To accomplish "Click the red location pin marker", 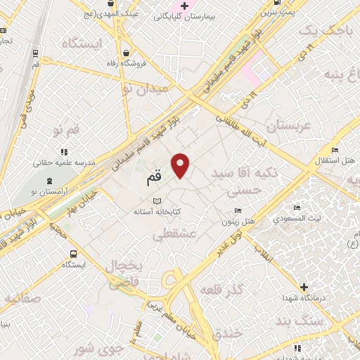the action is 181,165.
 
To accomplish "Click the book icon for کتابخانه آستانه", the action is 166,201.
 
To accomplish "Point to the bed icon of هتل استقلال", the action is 335,150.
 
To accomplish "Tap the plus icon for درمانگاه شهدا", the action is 303,287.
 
